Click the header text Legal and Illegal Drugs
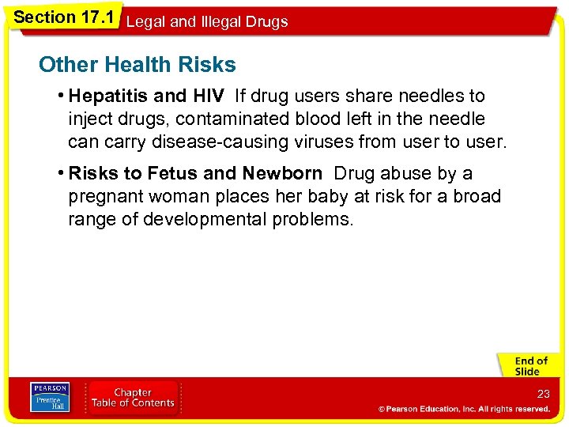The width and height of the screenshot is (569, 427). point(207,22)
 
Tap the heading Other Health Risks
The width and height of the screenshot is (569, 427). point(137,64)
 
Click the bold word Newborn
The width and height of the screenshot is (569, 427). point(282,173)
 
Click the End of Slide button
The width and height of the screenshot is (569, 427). point(527,366)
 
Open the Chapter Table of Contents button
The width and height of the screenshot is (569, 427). point(133,397)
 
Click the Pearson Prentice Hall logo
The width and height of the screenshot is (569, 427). point(50,397)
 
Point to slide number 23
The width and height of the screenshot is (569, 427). point(543,394)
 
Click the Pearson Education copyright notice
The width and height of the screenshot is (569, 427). point(464,409)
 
